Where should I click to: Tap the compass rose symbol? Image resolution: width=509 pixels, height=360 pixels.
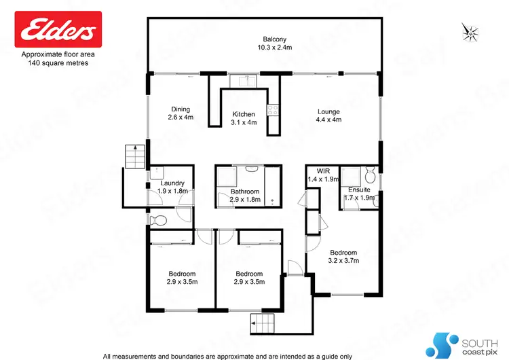tap(469, 30)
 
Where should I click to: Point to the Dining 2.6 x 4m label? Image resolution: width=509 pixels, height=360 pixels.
tap(180, 113)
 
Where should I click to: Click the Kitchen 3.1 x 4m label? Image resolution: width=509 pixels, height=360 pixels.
tap(244, 118)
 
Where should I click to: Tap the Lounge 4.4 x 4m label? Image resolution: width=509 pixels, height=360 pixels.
tap(328, 115)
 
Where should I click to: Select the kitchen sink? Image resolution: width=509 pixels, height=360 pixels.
tap(243, 82)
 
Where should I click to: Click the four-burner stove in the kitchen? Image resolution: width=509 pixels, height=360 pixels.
tap(274, 109)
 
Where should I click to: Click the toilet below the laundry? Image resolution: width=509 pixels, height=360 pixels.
tap(157, 219)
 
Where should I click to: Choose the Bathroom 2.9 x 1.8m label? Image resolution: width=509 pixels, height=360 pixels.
tap(245, 196)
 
